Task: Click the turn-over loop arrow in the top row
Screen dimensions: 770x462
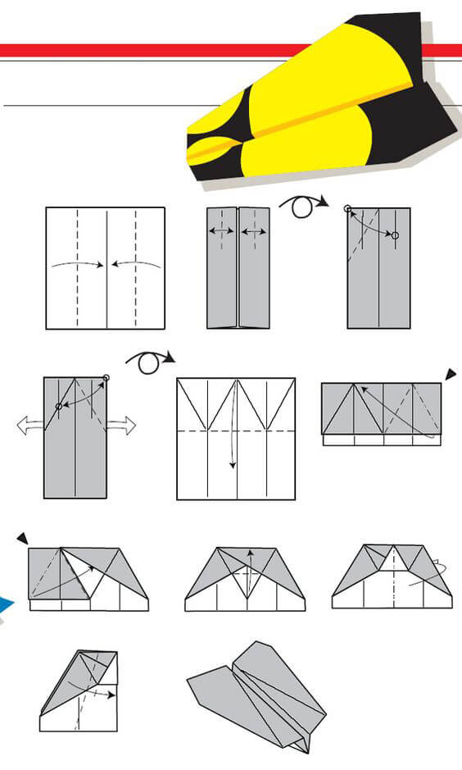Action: (304, 205)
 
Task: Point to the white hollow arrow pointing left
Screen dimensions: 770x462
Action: (29, 425)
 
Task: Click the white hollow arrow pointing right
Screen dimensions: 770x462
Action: (120, 425)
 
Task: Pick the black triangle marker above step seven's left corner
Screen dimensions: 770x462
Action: (22, 538)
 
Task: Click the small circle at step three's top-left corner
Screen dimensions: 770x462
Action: (348, 209)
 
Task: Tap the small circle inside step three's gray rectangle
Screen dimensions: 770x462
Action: (395, 235)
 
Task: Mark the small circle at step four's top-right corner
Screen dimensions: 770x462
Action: (106, 379)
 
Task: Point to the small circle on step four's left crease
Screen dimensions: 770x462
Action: (58, 406)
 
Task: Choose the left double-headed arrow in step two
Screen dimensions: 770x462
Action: (221, 232)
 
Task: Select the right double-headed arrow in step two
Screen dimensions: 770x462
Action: (254, 232)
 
